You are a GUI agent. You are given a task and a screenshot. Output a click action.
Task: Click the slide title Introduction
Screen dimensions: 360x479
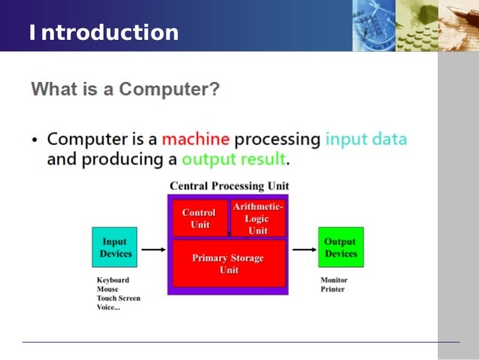(104, 33)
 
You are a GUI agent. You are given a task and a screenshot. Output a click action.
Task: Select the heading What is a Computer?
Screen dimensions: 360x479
(125, 90)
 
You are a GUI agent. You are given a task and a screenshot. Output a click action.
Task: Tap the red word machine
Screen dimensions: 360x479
(195, 139)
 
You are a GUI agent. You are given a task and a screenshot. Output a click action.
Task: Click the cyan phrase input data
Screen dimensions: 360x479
(366, 139)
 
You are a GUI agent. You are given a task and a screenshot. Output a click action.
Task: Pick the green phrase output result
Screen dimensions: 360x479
(233, 159)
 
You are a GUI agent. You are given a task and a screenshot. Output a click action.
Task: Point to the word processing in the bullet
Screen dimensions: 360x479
(278, 140)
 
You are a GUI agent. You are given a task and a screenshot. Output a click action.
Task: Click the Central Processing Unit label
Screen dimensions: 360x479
(229, 186)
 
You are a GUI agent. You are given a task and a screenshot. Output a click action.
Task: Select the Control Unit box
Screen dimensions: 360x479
(199, 219)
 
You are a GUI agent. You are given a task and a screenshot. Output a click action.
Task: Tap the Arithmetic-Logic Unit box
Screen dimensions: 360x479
(258, 218)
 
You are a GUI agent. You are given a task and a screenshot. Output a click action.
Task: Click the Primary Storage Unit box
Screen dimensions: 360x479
(228, 264)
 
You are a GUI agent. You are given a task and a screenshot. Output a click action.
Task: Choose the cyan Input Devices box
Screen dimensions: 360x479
(115, 247)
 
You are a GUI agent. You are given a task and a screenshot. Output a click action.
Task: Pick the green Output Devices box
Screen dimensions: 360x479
(340, 247)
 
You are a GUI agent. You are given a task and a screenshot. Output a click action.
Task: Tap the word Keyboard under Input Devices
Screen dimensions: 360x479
(113, 280)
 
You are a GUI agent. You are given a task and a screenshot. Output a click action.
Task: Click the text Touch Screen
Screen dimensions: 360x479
(118, 298)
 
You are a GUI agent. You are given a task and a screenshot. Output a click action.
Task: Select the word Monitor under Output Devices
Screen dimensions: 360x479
(334, 280)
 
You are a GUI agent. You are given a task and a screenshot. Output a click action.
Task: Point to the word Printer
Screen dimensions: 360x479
(333, 289)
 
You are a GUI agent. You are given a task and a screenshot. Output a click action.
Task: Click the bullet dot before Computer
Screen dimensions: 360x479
(35, 141)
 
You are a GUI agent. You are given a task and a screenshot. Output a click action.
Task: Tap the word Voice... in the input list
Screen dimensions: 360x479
(110, 307)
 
